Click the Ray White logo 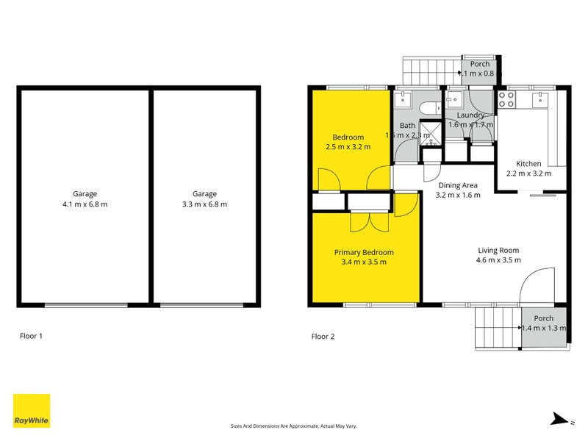pyautogui.click(x=32, y=411)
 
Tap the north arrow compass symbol pyautogui.click(x=561, y=419)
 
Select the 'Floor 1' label pyautogui.click(x=31, y=336)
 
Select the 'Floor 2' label pyautogui.click(x=323, y=336)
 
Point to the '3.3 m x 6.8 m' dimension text pyautogui.click(x=205, y=204)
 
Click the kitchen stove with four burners pyautogui.click(x=507, y=99)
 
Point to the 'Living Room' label pyautogui.click(x=498, y=250)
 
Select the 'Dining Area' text pyautogui.click(x=458, y=185)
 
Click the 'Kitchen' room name pyautogui.click(x=528, y=164)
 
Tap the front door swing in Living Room pyautogui.click(x=537, y=285)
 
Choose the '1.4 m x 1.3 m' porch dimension pyautogui.click(x=544, y=328)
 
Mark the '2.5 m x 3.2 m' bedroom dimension pyautogui.click(x=348, y=147)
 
